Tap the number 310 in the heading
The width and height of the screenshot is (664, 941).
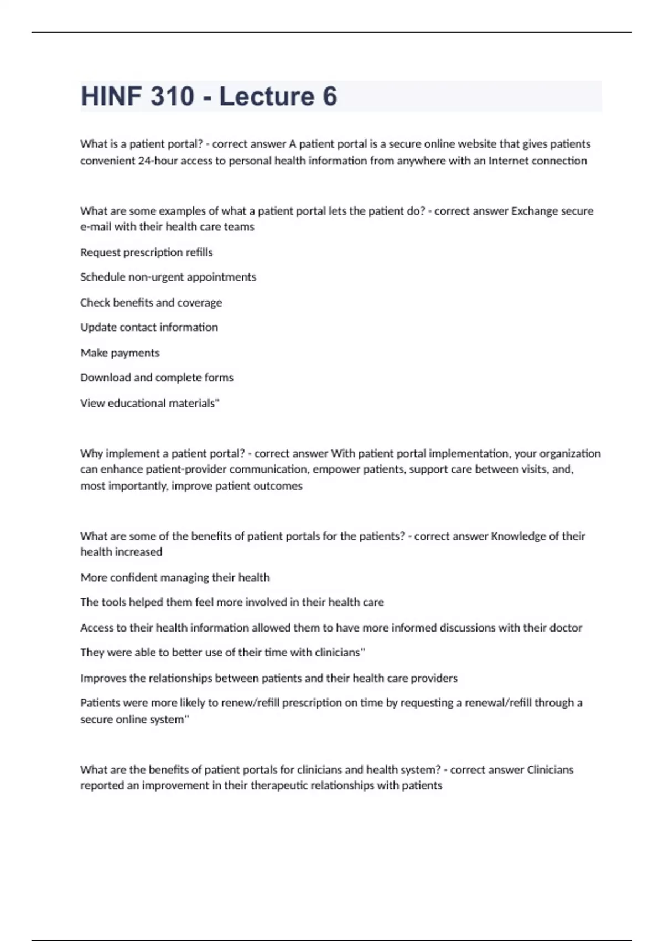172,96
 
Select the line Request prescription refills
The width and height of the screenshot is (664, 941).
147,252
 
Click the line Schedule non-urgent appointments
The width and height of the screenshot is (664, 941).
168,277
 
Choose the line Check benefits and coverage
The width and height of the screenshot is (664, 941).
151,302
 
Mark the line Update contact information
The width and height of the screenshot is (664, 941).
149,327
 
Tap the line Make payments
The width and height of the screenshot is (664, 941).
120,353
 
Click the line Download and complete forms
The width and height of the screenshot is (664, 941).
157,378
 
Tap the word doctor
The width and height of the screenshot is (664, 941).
566,628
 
